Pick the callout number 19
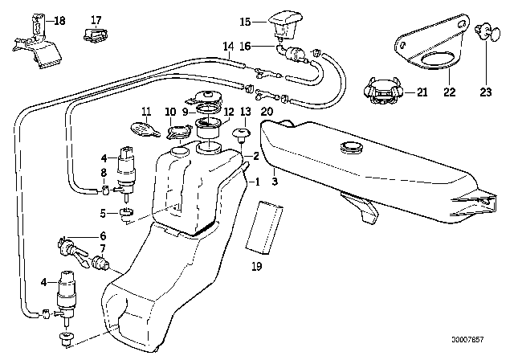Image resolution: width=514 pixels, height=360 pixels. coord(256,264)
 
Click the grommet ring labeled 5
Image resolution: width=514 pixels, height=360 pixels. coord(125,213)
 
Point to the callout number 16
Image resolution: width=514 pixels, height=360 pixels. coord(247,47)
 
